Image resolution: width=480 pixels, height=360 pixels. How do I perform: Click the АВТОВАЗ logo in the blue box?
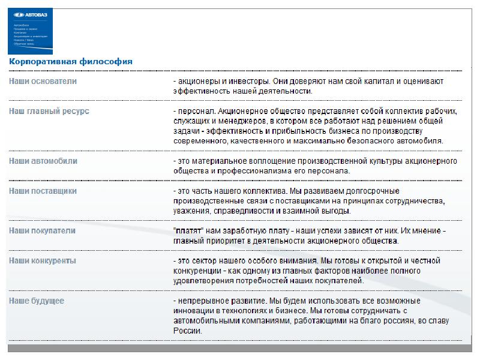pos(30,17)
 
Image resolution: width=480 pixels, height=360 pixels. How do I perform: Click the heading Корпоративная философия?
pos(71,61)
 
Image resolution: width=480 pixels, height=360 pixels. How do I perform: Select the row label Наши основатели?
pos(43,81)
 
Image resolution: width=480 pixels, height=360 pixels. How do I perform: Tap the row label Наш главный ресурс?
pos(49,111)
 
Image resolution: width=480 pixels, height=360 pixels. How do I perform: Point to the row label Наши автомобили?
pos(43,161)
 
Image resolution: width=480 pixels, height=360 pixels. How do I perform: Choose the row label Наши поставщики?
pos(43,191)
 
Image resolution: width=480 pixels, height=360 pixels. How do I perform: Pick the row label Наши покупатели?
pos(42,230)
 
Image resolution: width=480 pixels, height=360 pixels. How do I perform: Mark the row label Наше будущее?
pos(37,300)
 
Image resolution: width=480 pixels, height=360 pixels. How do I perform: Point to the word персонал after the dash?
pos(196,112)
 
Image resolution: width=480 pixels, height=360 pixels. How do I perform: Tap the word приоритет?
pos(227,241)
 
